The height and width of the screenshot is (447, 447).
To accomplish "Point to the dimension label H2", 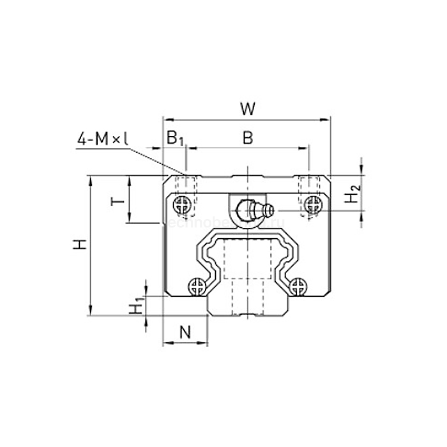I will pyautogui.click(x=352, y=193).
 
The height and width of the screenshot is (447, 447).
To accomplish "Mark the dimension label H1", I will pyautogui.click(x=135, y=307).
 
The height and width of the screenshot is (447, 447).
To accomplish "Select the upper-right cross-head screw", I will pyautogui.click(x=313, y=204).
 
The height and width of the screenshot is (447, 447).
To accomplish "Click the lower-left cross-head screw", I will pyautogui.click(x=197, y=286).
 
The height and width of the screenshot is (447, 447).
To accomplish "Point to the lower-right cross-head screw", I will pyautogui.click(x=297, y=286).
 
